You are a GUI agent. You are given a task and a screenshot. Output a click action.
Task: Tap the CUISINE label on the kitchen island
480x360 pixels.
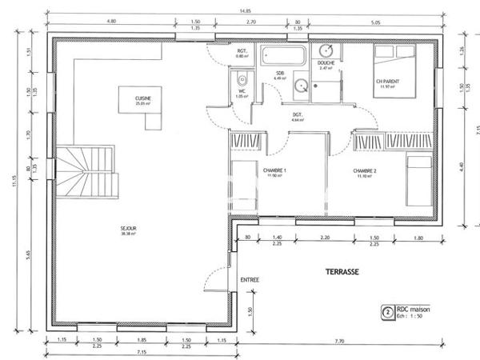click(143, 98)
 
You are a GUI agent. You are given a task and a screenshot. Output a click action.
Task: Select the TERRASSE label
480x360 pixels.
click(342, 272)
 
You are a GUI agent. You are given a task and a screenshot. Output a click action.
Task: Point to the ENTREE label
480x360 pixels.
click(249, 279)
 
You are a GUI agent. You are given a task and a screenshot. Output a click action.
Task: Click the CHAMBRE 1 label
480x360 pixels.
click(274, 170)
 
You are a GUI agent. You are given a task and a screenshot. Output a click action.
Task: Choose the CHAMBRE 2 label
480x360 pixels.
click(365, 170)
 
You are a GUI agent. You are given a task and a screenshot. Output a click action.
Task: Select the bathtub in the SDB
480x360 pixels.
click(284, 58)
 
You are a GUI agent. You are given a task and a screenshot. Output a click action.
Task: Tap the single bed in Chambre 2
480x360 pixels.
click(418, 180)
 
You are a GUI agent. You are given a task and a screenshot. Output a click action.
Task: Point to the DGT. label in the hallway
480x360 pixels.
click(297, 115)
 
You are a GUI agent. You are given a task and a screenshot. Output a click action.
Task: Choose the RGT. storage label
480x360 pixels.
click(241, 51)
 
